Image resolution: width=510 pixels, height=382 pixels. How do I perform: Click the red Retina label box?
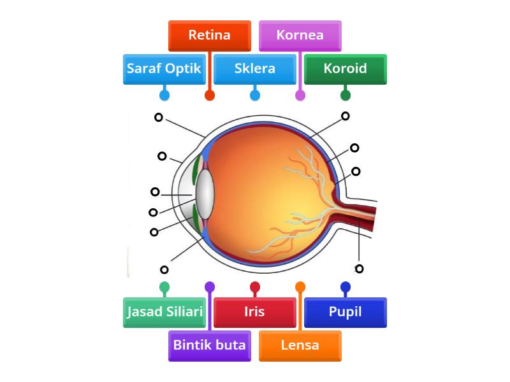click(209, 36)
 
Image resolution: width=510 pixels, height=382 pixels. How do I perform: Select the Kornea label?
click(300, 36)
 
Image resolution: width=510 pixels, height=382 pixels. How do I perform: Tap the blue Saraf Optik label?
click(164, 69)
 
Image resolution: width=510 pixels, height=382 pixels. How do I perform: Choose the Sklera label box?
click(254, 69)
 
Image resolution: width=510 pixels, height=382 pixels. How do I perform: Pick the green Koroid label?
click(345, 69)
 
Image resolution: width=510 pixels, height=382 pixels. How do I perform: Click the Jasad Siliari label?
click(164, 312)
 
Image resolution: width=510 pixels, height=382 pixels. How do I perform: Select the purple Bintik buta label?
click(209, 346)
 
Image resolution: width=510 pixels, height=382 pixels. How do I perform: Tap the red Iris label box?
click(254, 312)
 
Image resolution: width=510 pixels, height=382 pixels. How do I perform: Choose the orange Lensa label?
click(300, 346)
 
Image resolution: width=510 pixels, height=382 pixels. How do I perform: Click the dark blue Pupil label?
click(345, 312)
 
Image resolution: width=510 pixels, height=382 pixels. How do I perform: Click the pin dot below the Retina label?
click(209, 95)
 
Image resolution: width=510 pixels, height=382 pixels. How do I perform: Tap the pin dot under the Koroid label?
click(345, 95)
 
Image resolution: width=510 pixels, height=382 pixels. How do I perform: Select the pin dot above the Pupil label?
click(345, 286)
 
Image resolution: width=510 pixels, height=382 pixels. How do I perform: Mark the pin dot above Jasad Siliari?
click(164, 286)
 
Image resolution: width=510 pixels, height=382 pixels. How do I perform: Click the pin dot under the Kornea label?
click(300, 95)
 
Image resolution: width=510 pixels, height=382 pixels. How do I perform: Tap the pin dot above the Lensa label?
click(300, 286)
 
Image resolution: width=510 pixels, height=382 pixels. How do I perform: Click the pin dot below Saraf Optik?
click(164, 95)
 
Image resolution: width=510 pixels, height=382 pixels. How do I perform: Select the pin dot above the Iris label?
click(254, 286)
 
